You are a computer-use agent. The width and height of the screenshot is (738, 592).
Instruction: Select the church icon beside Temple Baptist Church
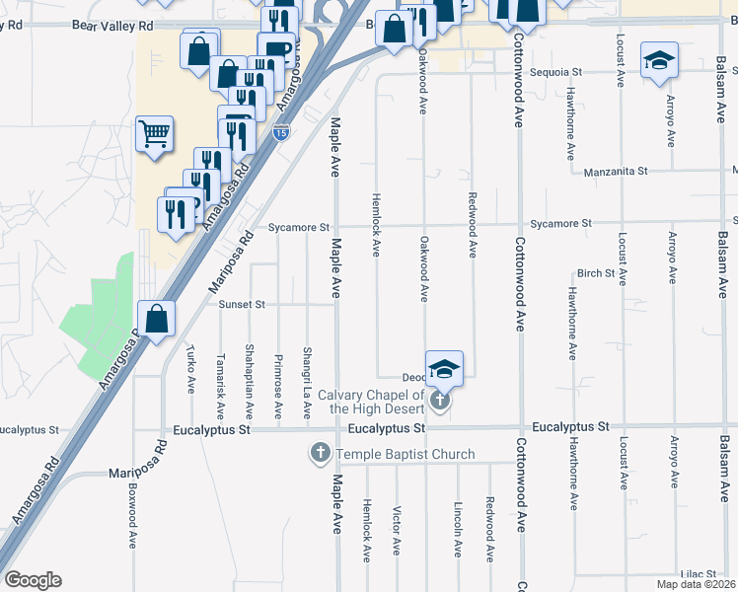(x=319, y=455)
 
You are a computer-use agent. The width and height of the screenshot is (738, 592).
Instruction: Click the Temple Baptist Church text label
(x=406, y=455)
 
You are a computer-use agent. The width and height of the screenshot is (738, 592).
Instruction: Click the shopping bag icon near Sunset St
(x=156, y=319)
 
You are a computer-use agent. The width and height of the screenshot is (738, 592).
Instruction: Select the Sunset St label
(x=243, y=305)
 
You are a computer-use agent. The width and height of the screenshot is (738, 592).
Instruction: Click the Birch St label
(x=596, y=273)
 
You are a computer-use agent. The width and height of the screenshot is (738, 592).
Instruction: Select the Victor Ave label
(x=396, y=532)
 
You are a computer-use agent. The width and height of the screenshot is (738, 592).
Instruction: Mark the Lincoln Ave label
(x=458, y=528)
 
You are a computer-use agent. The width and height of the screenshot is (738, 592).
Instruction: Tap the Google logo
(x=33, y=580)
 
